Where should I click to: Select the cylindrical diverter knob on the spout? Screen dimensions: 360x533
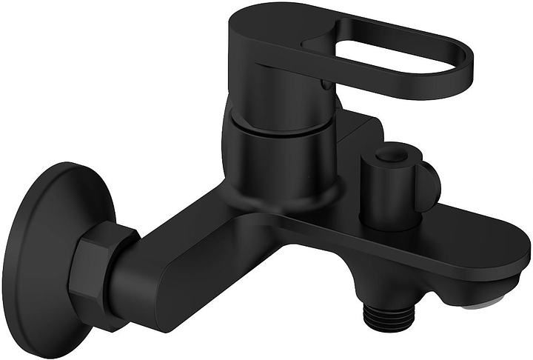click(392, 185)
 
